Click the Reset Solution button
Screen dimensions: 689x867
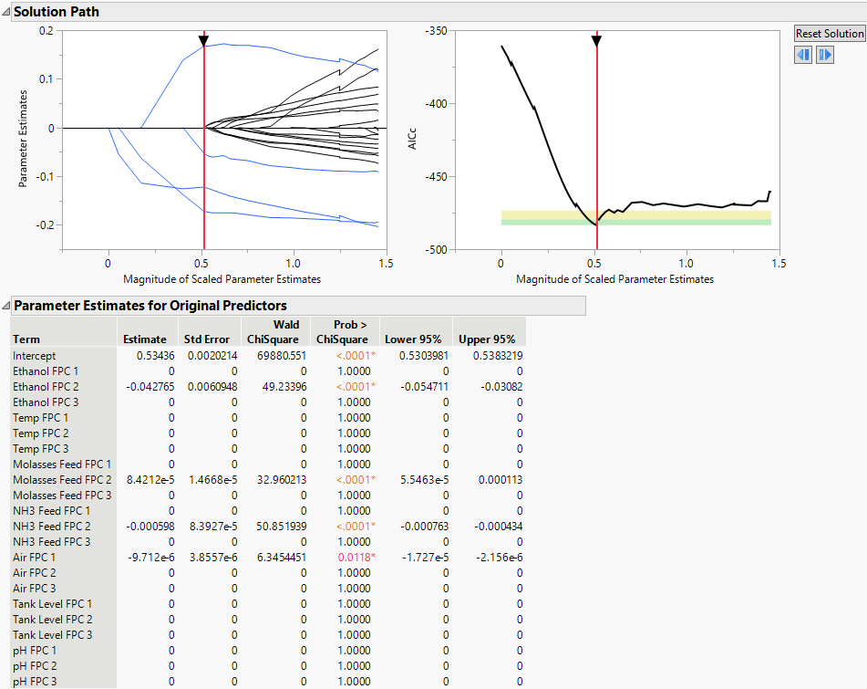click(829, 34)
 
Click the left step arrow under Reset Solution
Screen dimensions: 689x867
click(804, 55)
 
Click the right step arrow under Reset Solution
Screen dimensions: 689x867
click(824, 55)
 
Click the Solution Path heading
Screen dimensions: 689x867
click(57, 12)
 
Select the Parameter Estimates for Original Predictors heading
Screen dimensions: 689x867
click(150, 306)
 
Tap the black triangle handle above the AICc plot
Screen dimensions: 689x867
click(596, 41)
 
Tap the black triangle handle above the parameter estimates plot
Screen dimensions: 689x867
click(203, 41)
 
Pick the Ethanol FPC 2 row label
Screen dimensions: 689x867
click(46, 387)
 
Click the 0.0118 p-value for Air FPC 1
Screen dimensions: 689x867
click(356, 558)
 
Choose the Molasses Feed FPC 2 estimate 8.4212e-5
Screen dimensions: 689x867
click(147, 480)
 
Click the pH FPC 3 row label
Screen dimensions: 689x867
click(35, 682)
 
